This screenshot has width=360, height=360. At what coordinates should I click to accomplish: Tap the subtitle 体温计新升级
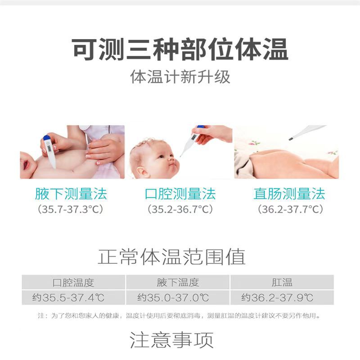180,76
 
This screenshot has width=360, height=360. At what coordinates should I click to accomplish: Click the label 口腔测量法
180,194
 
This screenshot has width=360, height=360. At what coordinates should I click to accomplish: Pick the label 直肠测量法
289,194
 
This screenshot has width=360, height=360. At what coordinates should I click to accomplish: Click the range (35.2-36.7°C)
180,209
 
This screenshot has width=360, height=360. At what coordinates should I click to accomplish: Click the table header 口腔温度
73,283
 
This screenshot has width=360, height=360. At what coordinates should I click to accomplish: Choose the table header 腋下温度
178,283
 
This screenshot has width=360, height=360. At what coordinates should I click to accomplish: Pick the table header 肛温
282,283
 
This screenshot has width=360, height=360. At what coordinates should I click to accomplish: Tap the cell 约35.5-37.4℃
73,297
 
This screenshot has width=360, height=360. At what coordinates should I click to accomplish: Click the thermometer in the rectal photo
306,133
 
